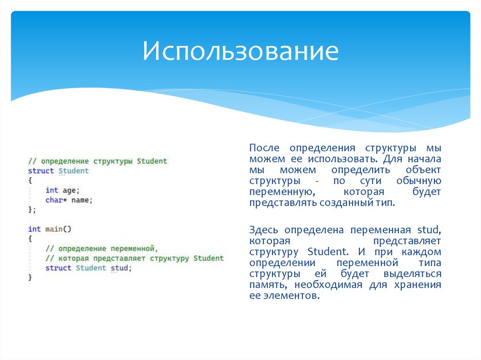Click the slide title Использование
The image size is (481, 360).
click(x=240, y=51)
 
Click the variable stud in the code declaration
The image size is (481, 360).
click(x=120, y=268)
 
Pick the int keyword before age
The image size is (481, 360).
click(x=52, y=190)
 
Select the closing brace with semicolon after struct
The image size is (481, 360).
click(x=31, y=210)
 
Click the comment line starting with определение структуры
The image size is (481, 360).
click(x=97, y=161)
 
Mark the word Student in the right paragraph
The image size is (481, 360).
click(x=328, y=252)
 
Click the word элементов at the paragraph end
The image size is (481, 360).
click(x=290, y=296)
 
